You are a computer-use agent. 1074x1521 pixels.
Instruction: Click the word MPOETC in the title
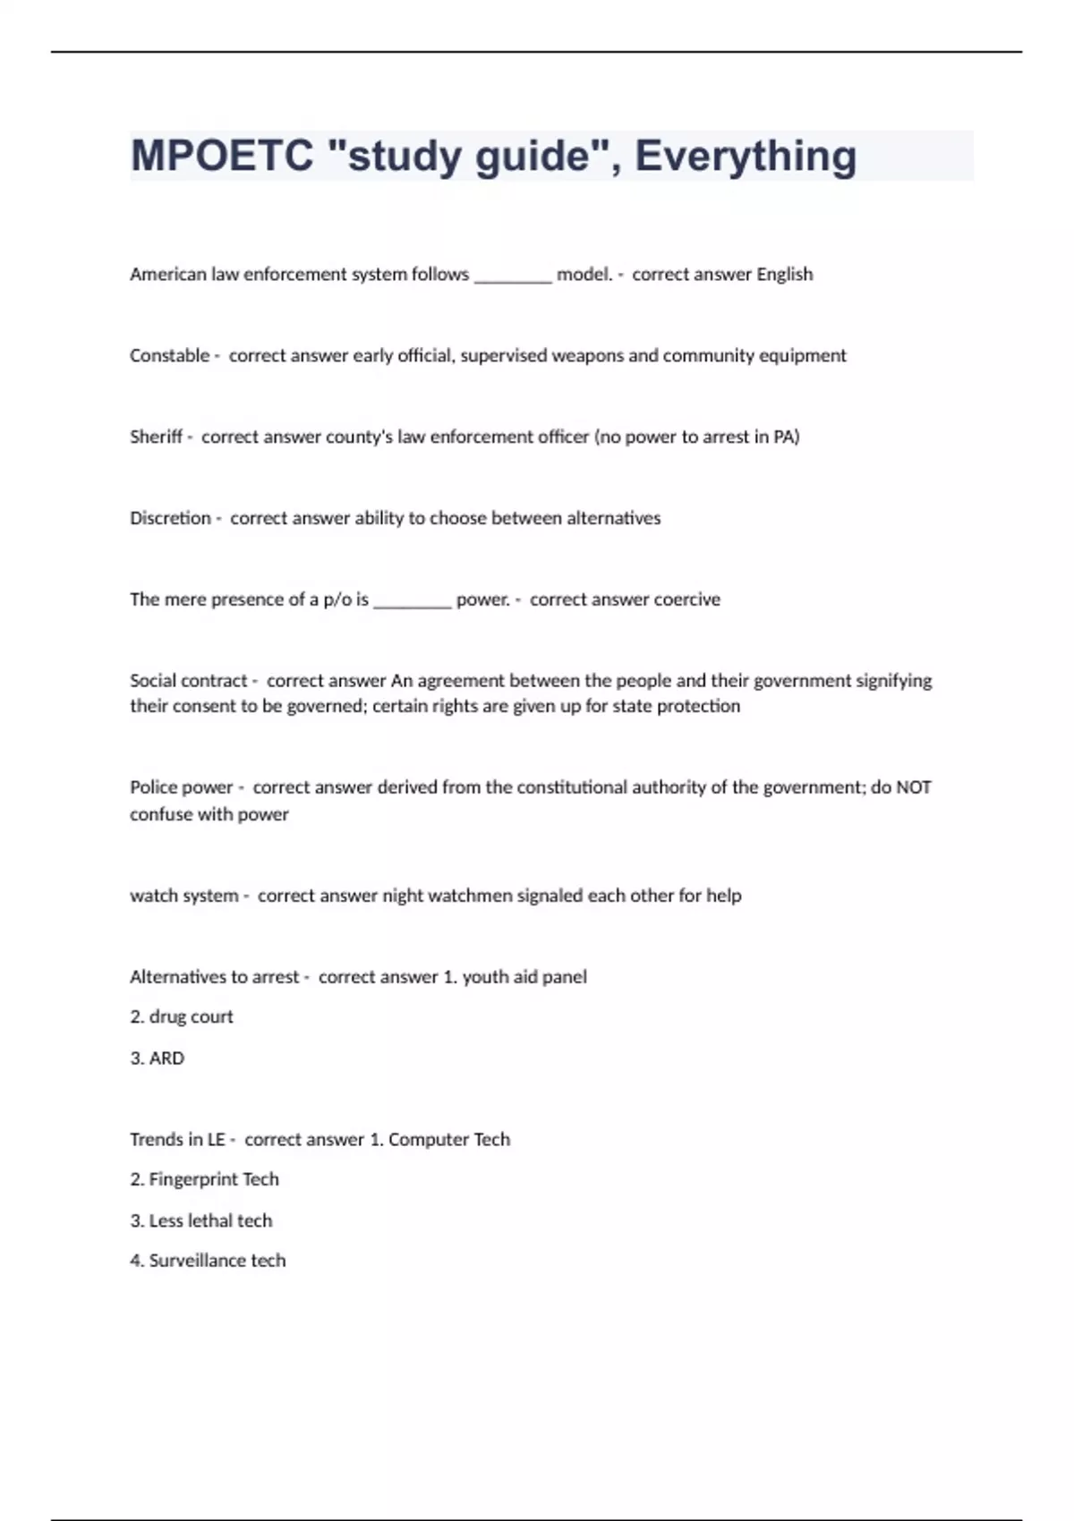[x=222, y=156]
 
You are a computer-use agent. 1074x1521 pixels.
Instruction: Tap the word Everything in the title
[x=746, y=156]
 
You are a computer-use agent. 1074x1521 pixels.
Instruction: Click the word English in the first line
[x=785, y=274]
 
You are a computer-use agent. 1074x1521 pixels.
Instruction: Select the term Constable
[x=169, y=355]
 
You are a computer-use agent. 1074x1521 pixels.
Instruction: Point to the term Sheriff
[x=156, y=437]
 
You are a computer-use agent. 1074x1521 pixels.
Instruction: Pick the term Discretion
[x=170, y=518]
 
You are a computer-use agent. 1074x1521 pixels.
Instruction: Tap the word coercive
[x=686, y=599]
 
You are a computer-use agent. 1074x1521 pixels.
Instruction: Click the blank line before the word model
[x=513, y=277]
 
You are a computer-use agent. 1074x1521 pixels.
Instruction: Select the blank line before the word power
[x=413, y=602]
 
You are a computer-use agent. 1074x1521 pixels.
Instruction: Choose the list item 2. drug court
[x=182, y=1016]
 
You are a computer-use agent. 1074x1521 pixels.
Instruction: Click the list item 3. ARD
[x=158, y=1058]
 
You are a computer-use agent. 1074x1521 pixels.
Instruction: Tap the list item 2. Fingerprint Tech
[x=205, y=1179]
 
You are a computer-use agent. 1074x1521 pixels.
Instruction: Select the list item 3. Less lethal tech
[x=201, y=1220]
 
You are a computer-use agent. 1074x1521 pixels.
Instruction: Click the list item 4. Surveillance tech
[x=208, y=1261]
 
